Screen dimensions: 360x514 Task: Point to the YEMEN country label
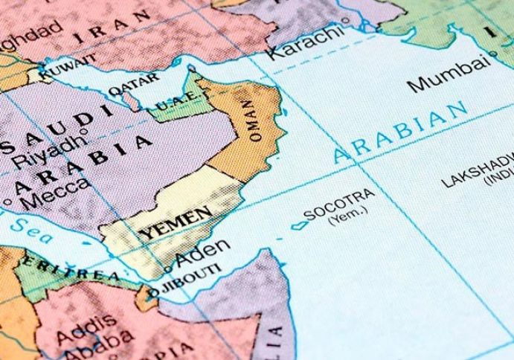click(168, 222)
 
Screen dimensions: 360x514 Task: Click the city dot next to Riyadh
click(87, 135)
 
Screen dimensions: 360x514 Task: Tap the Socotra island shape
click(298, 224)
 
